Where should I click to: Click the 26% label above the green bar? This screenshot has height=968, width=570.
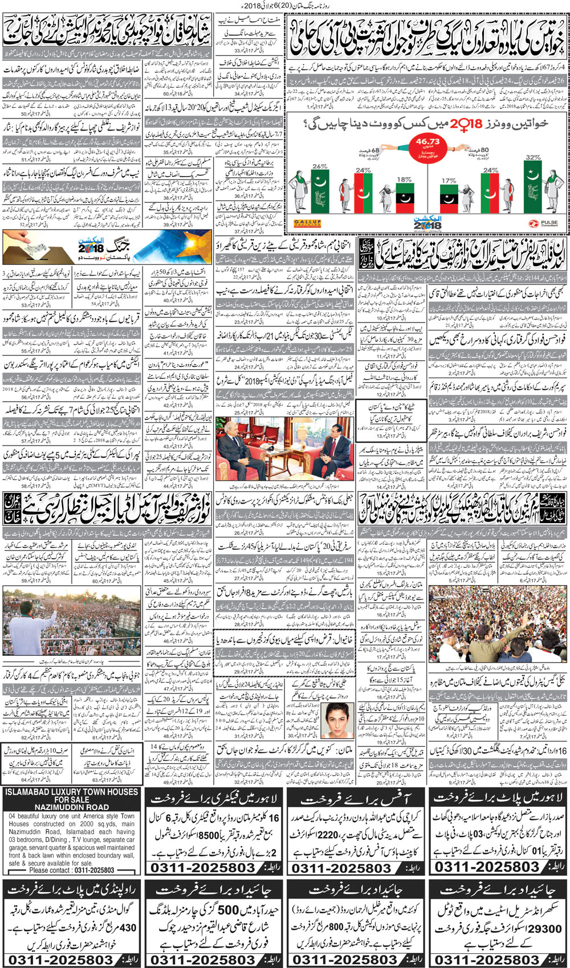click(x=320, y=166)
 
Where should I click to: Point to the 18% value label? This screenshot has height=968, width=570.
click(x=404, y=179)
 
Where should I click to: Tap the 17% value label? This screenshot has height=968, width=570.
click(x=449, y=181)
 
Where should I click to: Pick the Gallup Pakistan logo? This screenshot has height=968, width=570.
click(x=307, y=223)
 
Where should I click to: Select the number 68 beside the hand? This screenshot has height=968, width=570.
click(x=375, y=150)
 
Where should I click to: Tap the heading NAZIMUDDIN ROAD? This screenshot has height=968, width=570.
click(x=72, y=807)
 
